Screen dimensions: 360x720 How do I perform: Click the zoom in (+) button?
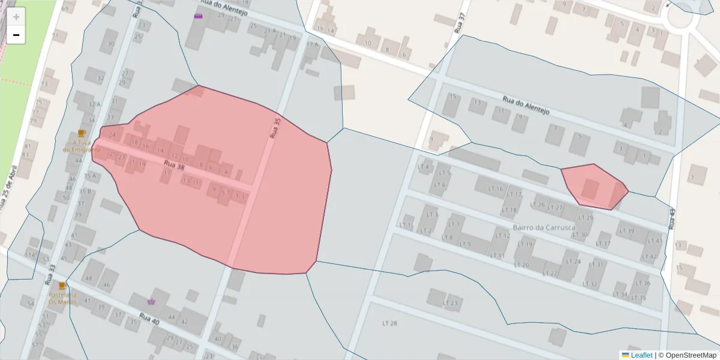click(16, 16)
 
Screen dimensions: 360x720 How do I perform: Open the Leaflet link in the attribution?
click(641, 355)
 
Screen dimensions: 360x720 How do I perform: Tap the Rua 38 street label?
click(174, 166)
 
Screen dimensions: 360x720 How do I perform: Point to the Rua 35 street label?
click(275, 128)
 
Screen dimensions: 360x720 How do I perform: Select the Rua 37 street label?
click(461, 23)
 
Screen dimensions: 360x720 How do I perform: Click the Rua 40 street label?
click(149, 319)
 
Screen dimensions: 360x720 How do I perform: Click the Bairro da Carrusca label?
click(544, 227)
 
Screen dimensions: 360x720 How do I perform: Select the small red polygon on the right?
click(594, 186)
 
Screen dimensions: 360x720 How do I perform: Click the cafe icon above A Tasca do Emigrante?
click(82, 133)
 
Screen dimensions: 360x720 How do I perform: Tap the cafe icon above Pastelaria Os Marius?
click(62, 286)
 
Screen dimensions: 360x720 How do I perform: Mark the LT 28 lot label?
click(390, 323)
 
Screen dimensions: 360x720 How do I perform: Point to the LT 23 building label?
click(450, 303)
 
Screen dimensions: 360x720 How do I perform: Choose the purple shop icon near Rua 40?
click(151, 302)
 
